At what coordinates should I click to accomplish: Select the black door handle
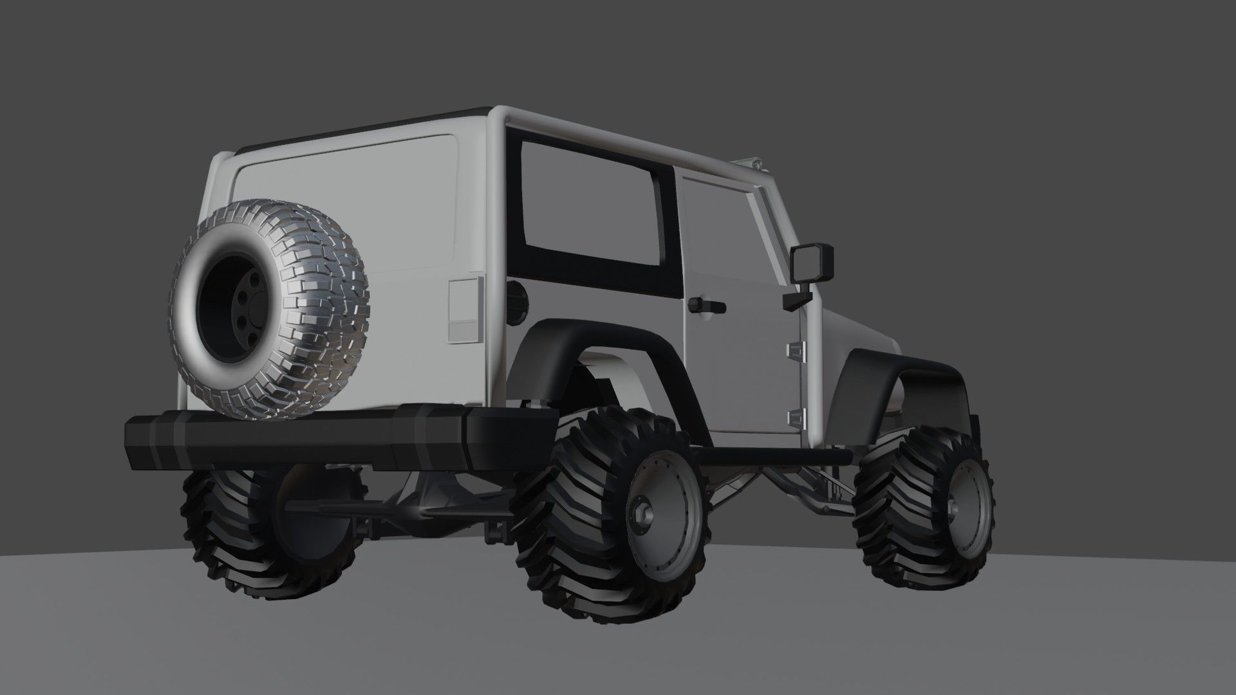[706, 306]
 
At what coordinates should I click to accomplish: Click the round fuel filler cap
[516, 296]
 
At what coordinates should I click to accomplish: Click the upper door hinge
[796, 350]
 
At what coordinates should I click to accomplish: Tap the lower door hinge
[796, 418]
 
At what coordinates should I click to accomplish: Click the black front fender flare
[901, 370]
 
